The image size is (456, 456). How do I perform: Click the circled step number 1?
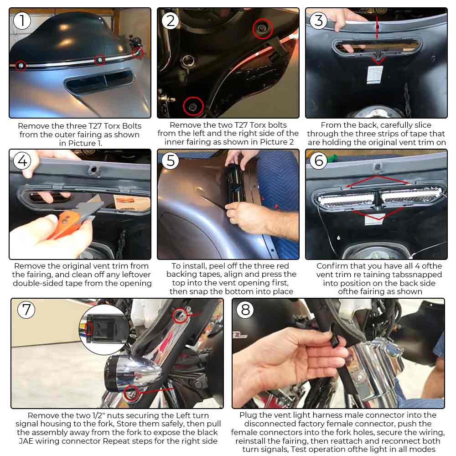point(22,21)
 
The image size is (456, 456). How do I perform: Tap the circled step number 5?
point(171,161)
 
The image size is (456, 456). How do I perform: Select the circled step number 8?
point(245,310)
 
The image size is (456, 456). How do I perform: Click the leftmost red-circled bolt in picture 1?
point(21,66)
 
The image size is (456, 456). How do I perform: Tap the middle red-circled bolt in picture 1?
point(100,60)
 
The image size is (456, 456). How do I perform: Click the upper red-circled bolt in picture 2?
point(263,28)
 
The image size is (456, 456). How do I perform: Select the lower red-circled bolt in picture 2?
point(193,106)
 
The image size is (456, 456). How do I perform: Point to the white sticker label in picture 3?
point(374,75)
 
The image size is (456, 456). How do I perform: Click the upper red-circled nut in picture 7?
point(180,316)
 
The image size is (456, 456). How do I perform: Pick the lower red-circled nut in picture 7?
point(131,393)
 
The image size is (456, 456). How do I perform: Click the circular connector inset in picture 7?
point(104,330)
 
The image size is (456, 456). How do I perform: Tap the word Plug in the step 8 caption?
point(248,415)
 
